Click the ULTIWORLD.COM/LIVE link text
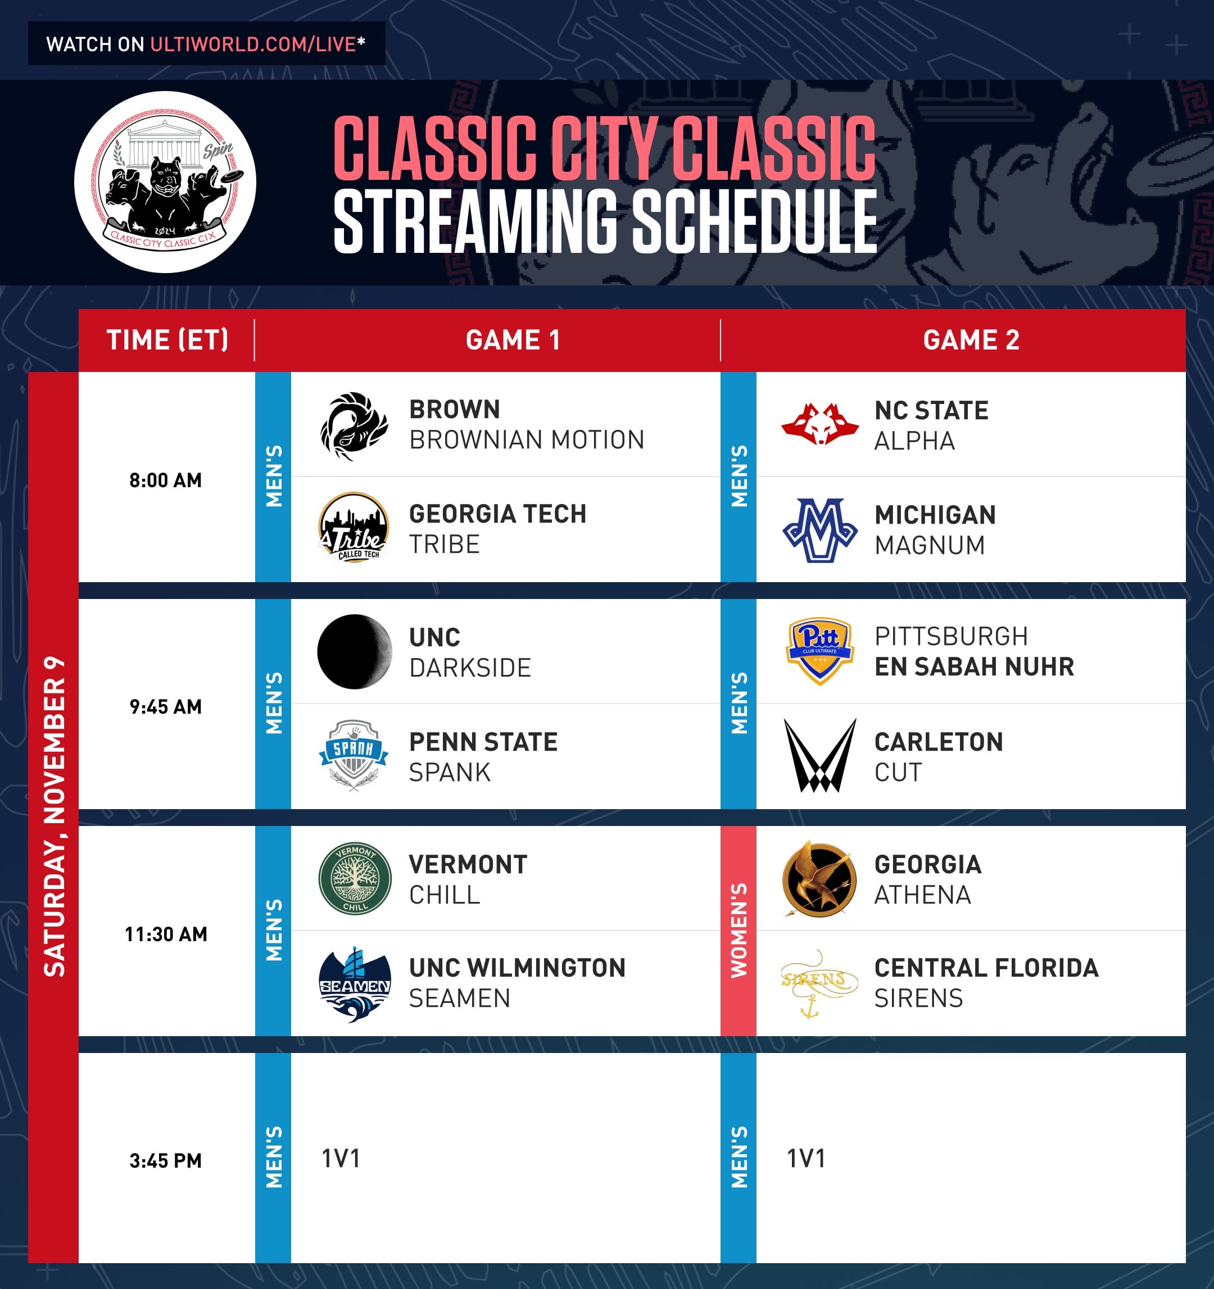coord(253,44)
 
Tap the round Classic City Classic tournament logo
coord(165,182)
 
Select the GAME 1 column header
coord(513,341)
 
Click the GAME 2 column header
coord(971,341)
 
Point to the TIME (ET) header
coord(167,341)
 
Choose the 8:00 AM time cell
coord(165,480)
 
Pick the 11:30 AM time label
coord(165,934)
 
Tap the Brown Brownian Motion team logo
coord(354,426)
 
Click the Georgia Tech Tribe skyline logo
coord(354,527)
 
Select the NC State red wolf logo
coord(819,424)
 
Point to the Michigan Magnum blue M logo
coord(819,530)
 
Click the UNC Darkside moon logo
coord(354,652)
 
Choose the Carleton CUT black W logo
coord(819,755)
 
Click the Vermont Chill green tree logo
coord(355,879)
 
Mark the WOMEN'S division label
coord(739,931)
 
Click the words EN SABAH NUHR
coord(974,666)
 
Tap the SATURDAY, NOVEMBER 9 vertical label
coord(54,817)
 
